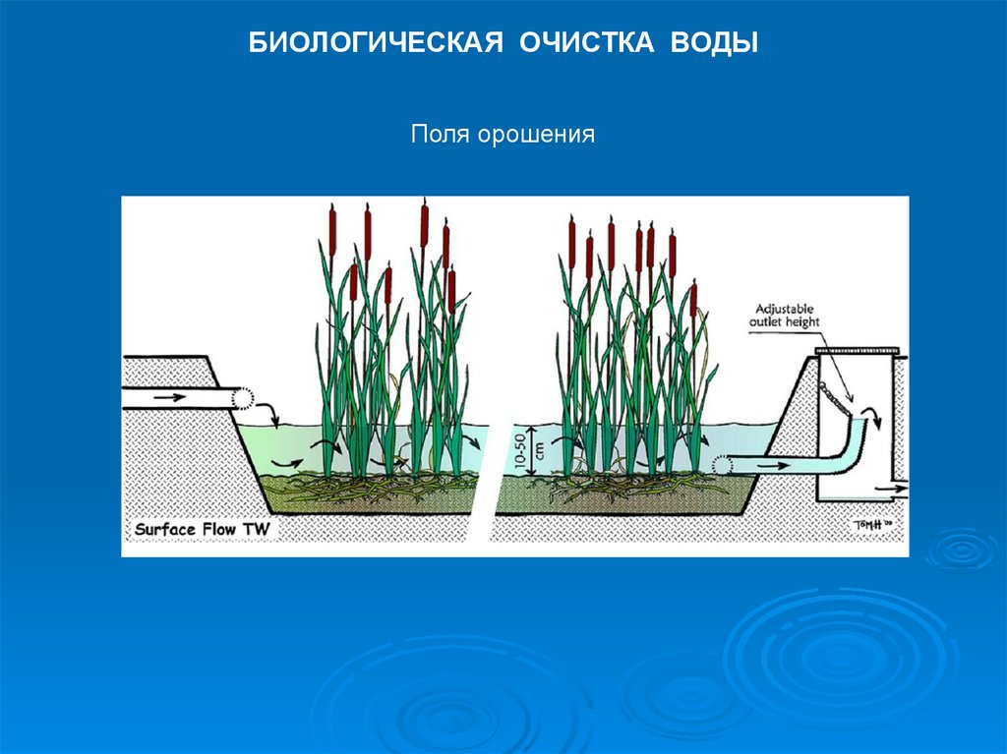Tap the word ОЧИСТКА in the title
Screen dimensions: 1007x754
point(581,44)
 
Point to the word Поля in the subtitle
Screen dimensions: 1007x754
point(441,133)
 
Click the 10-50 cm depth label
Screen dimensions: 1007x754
point(541,453)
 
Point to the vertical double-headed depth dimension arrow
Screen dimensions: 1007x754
point(529,453)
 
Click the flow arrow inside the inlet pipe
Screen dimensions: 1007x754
point(169,397)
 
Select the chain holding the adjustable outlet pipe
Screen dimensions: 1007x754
point(838,397)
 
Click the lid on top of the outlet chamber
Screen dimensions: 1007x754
point(858,351)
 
